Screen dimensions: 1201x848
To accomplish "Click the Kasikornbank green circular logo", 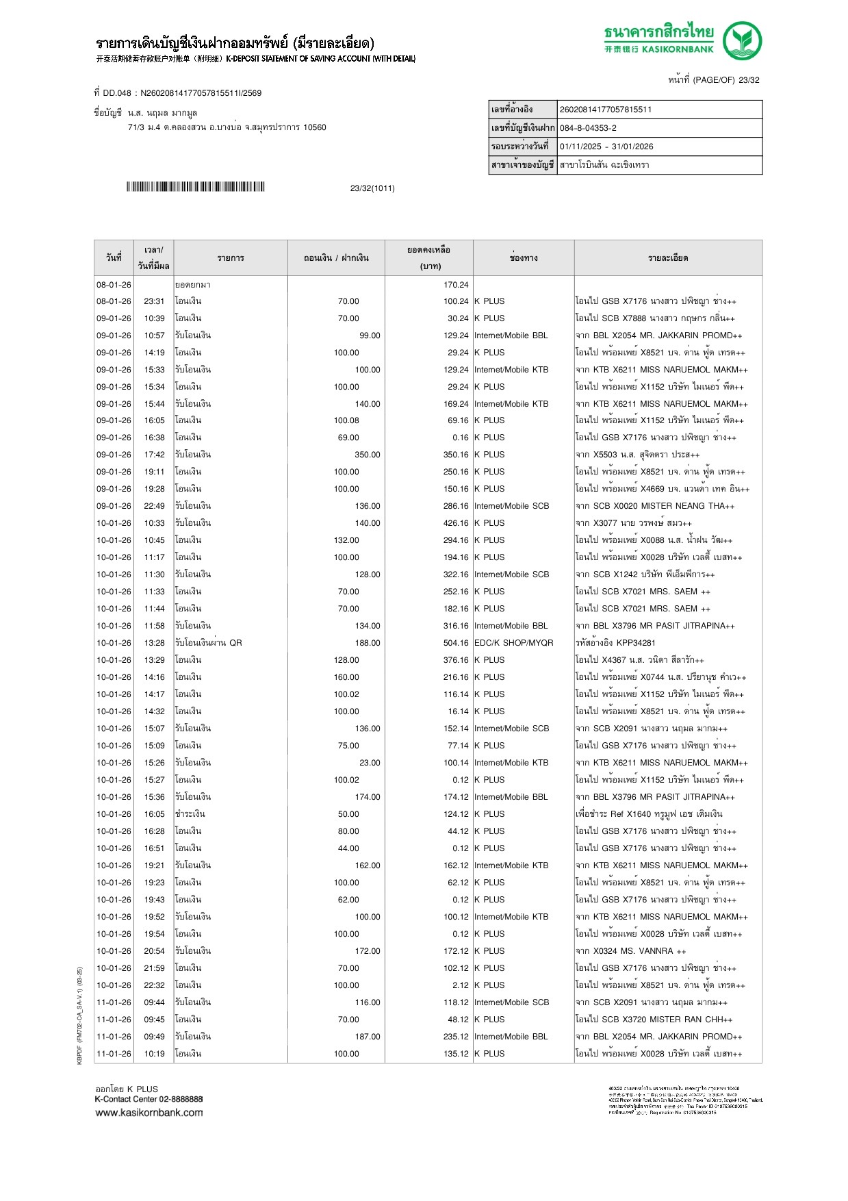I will [x=742, y=40].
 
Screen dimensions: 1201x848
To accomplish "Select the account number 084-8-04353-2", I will [x=588, y=128].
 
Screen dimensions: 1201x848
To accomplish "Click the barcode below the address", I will [x=195, y=187].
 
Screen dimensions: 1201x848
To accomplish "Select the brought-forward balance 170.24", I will [x=456, y=285].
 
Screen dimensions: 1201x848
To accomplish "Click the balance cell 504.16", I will [x=456, y=643].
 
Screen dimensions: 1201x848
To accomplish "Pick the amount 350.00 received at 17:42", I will [x=367, y=455].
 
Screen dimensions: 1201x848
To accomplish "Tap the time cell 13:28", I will [x=154, y=643].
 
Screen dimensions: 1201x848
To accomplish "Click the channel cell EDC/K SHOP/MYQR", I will [x=513, y=643].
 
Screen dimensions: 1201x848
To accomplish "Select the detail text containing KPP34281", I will [x=615, y=643].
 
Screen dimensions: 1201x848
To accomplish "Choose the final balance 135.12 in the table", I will [x=456, y=1054].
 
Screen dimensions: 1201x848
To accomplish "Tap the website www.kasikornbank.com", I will [x=149, y=1113].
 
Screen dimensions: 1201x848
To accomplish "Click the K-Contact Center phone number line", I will [x=149, y=1099].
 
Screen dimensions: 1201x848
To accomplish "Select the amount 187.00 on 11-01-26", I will [x=367, y=1037].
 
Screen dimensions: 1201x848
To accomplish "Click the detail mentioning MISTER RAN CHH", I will [x=654, y=1020].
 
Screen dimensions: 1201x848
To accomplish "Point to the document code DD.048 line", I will [x=178, y=93].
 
